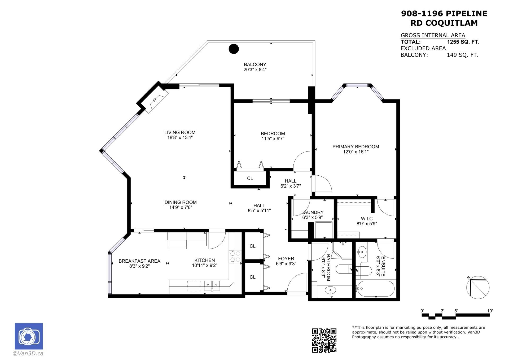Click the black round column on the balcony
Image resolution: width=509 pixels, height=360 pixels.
[x=234, y=49]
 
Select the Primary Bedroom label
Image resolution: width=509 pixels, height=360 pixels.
[x=356, y=147]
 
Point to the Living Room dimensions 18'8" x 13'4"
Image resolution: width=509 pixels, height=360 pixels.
[x=180, y=137]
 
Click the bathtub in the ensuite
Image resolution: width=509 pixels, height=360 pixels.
[x=375, y=288]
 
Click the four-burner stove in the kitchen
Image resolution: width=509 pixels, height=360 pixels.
[x=235, y=257]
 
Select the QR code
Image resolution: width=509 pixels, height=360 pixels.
[x=324, y=340]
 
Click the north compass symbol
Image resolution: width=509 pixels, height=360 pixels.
[x=478, y=287]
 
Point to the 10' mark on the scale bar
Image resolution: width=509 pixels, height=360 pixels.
[x=490, y=311]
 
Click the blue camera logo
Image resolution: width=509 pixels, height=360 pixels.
[x=29, y=336]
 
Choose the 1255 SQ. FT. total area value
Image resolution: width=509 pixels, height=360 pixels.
[x=463, y=42]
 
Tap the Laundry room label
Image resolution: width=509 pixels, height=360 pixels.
[x=313, y=212]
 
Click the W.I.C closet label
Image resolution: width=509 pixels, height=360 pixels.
[x=367, y=219]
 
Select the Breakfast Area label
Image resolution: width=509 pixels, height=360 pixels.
[x=139, y=261]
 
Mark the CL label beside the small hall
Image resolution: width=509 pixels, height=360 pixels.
[x=250, y=178]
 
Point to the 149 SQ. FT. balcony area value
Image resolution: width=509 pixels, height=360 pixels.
[x=463, y=55]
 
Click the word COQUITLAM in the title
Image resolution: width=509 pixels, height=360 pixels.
[x=452, y=23]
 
